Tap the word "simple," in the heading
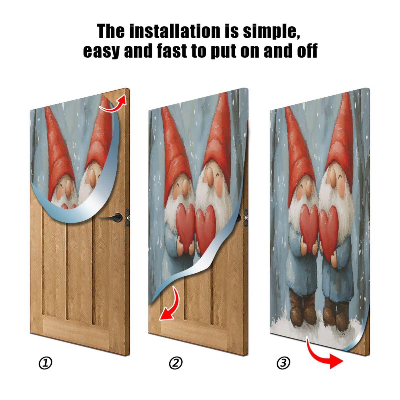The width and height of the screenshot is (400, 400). click(x=271, y=32)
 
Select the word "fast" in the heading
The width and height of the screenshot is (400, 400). click(x=172, y=51)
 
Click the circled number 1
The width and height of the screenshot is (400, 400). click(x=45, y=363)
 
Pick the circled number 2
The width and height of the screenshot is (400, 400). click(x=175, y=363)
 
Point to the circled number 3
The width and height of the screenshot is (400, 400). click(x=283, y=362)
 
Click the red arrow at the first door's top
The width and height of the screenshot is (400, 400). click(x=114, y=103)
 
